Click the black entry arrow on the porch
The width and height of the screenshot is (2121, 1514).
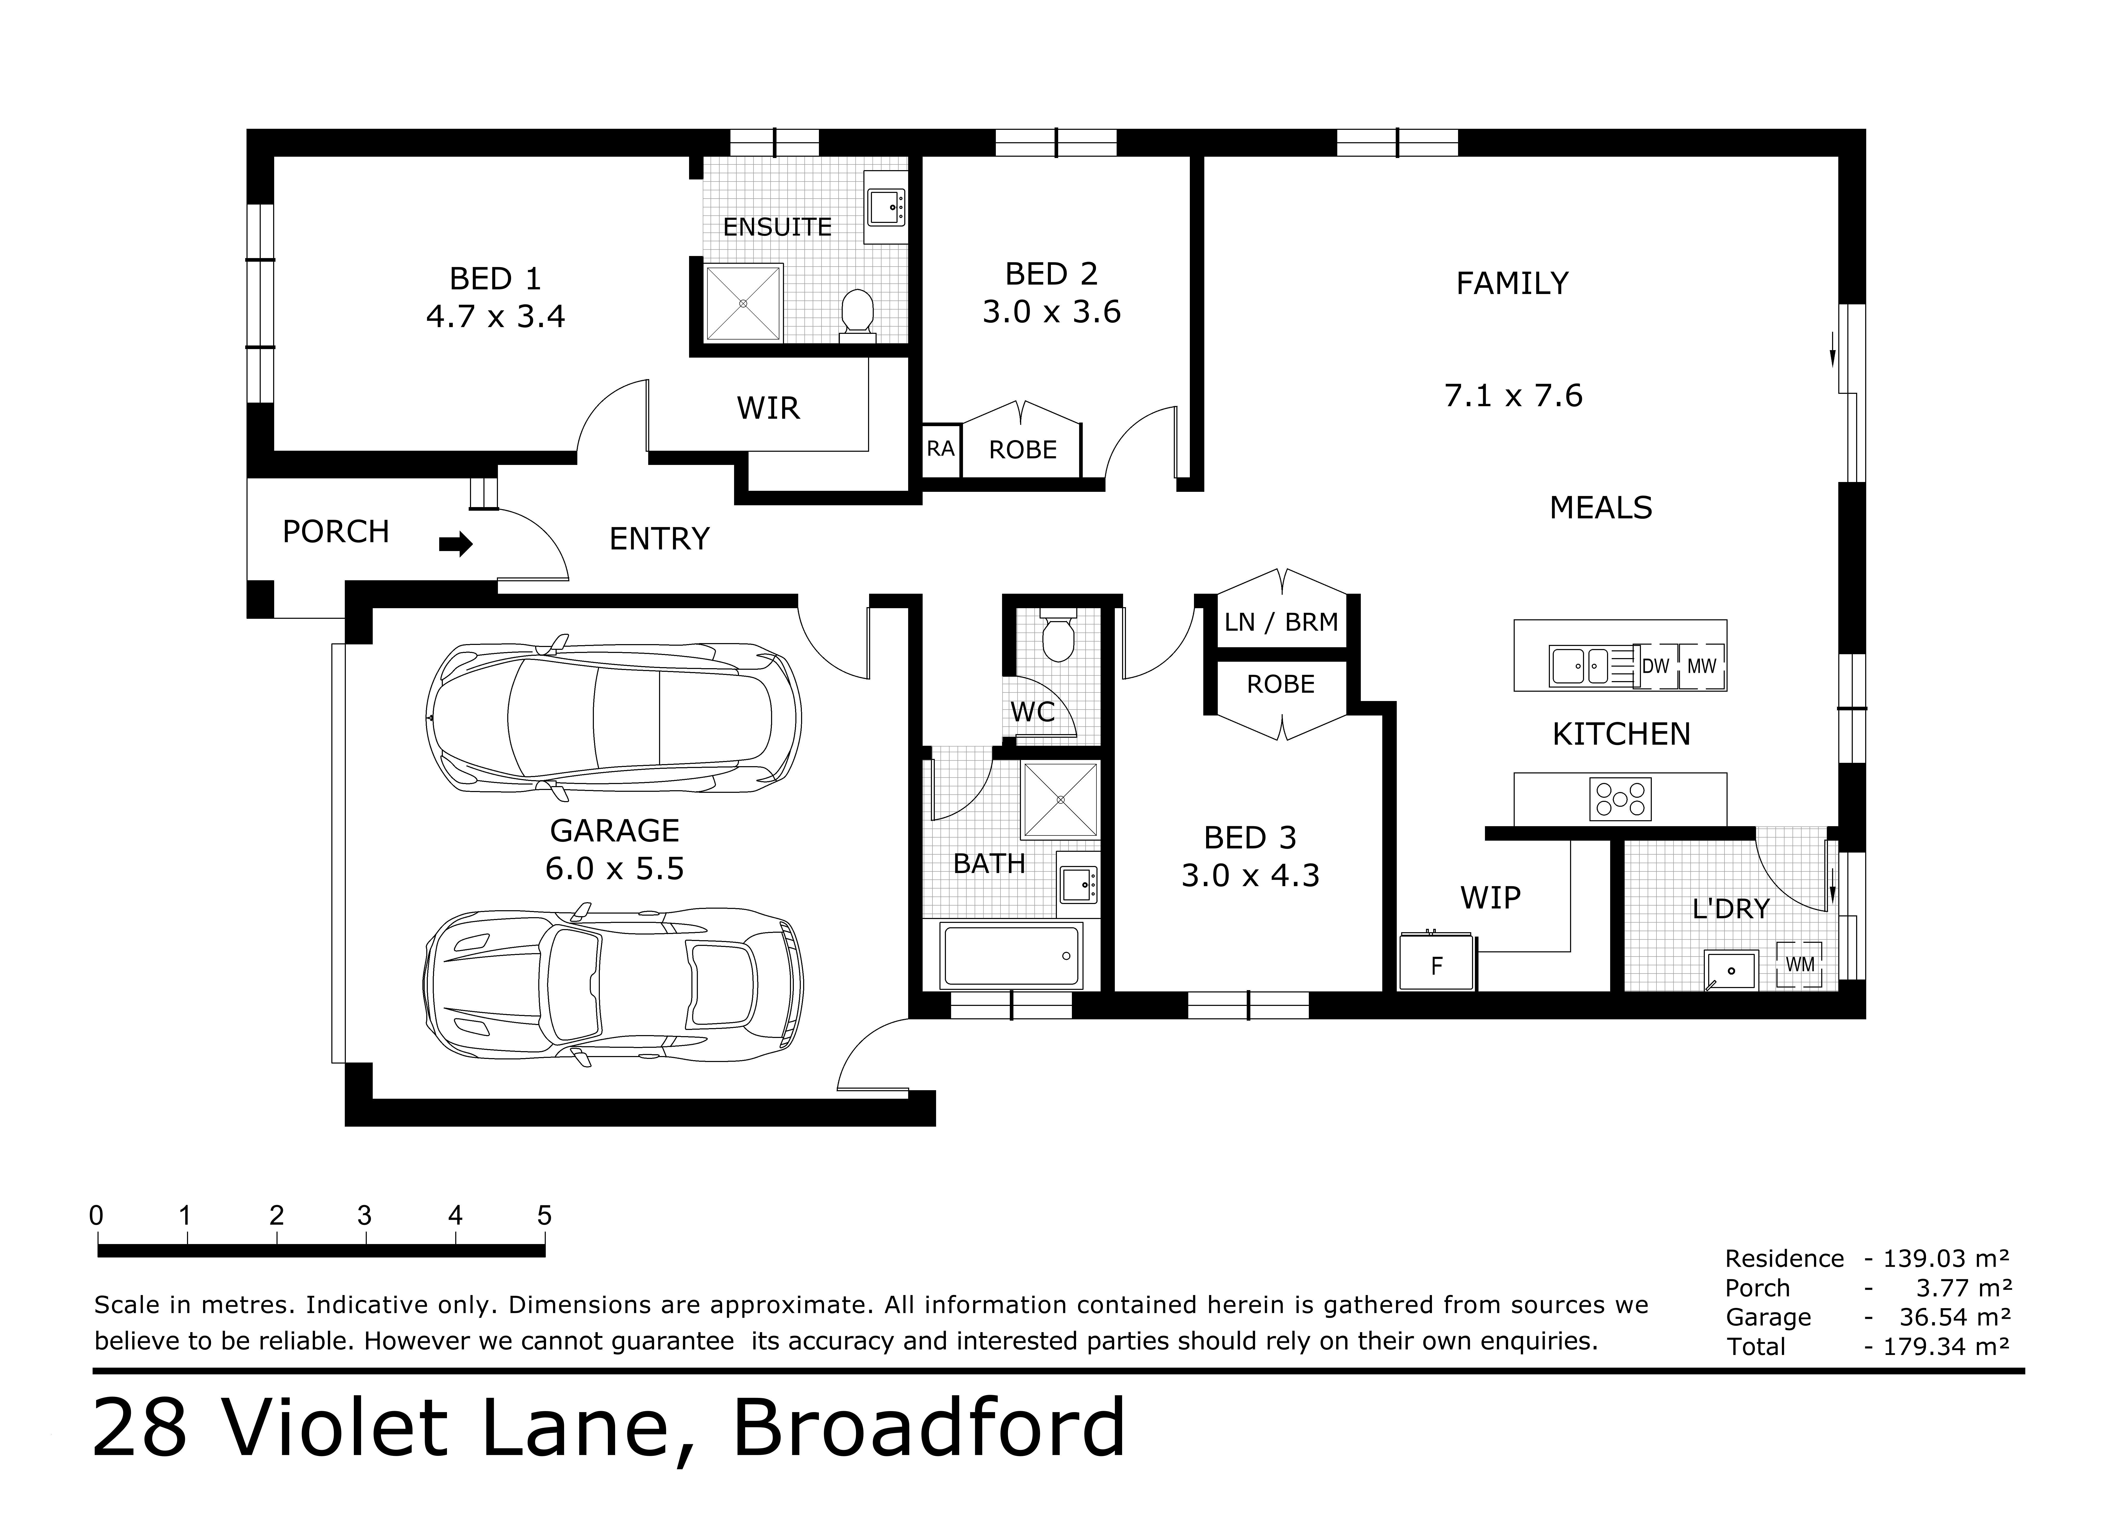tap(456, 544)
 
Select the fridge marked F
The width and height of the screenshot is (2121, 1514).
tap(1437, 961)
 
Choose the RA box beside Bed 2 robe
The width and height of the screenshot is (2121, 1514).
tap(941, 449)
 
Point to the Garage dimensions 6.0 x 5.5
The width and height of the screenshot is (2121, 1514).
tap(614, 869)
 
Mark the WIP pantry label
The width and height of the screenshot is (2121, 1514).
tap(1490, 898)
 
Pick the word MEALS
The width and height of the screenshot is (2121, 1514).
tap(1601, 508)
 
